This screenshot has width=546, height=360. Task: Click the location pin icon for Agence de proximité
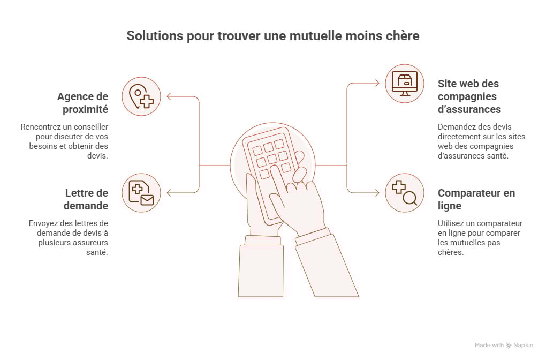click(141, 96)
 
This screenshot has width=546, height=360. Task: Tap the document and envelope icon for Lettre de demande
click(141, 193)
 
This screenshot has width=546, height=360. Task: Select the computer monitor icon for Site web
click(405, 84)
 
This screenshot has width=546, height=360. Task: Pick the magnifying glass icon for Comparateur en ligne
click(405, 193)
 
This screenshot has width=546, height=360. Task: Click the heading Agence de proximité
click(82, 103)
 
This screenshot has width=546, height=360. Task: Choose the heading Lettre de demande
click(86, 199)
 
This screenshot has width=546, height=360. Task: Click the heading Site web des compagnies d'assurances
click(469, 96)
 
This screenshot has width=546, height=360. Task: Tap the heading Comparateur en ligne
click(476, 199)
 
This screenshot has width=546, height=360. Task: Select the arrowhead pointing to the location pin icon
click(169, 96)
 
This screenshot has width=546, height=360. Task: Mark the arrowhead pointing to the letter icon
click(169, 193)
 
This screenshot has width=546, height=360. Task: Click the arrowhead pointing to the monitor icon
click(377, 84)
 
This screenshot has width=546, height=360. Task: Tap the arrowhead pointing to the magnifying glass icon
click(377, 193)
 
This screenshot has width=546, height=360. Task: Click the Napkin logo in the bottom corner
click(509, 346)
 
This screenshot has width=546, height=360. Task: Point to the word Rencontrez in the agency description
click(41, 127)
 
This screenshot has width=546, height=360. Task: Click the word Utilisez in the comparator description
click(452, 223)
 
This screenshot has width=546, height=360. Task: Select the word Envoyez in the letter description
click(44, 223)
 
